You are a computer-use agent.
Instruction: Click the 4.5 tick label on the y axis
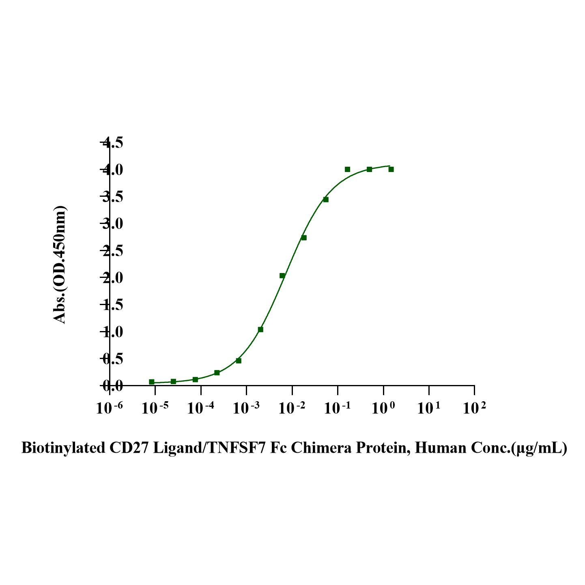112,143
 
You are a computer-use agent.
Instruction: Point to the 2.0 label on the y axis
112,278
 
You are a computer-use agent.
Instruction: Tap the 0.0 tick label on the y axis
112,386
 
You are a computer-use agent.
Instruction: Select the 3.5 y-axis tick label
112,198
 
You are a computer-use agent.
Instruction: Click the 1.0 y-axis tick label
112,332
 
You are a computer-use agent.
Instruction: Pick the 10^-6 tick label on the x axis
110,408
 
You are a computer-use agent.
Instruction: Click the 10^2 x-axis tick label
474,408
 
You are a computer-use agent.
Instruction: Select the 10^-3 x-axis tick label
246,408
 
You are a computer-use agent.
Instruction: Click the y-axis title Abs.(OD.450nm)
60,265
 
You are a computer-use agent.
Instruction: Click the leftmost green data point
152,382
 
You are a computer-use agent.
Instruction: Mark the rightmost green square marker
391,169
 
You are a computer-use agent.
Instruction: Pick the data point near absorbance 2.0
282,276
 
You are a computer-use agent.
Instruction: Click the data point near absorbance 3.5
326,199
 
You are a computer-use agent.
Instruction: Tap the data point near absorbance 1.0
260,329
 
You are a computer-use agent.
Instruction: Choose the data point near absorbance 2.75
304,238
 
